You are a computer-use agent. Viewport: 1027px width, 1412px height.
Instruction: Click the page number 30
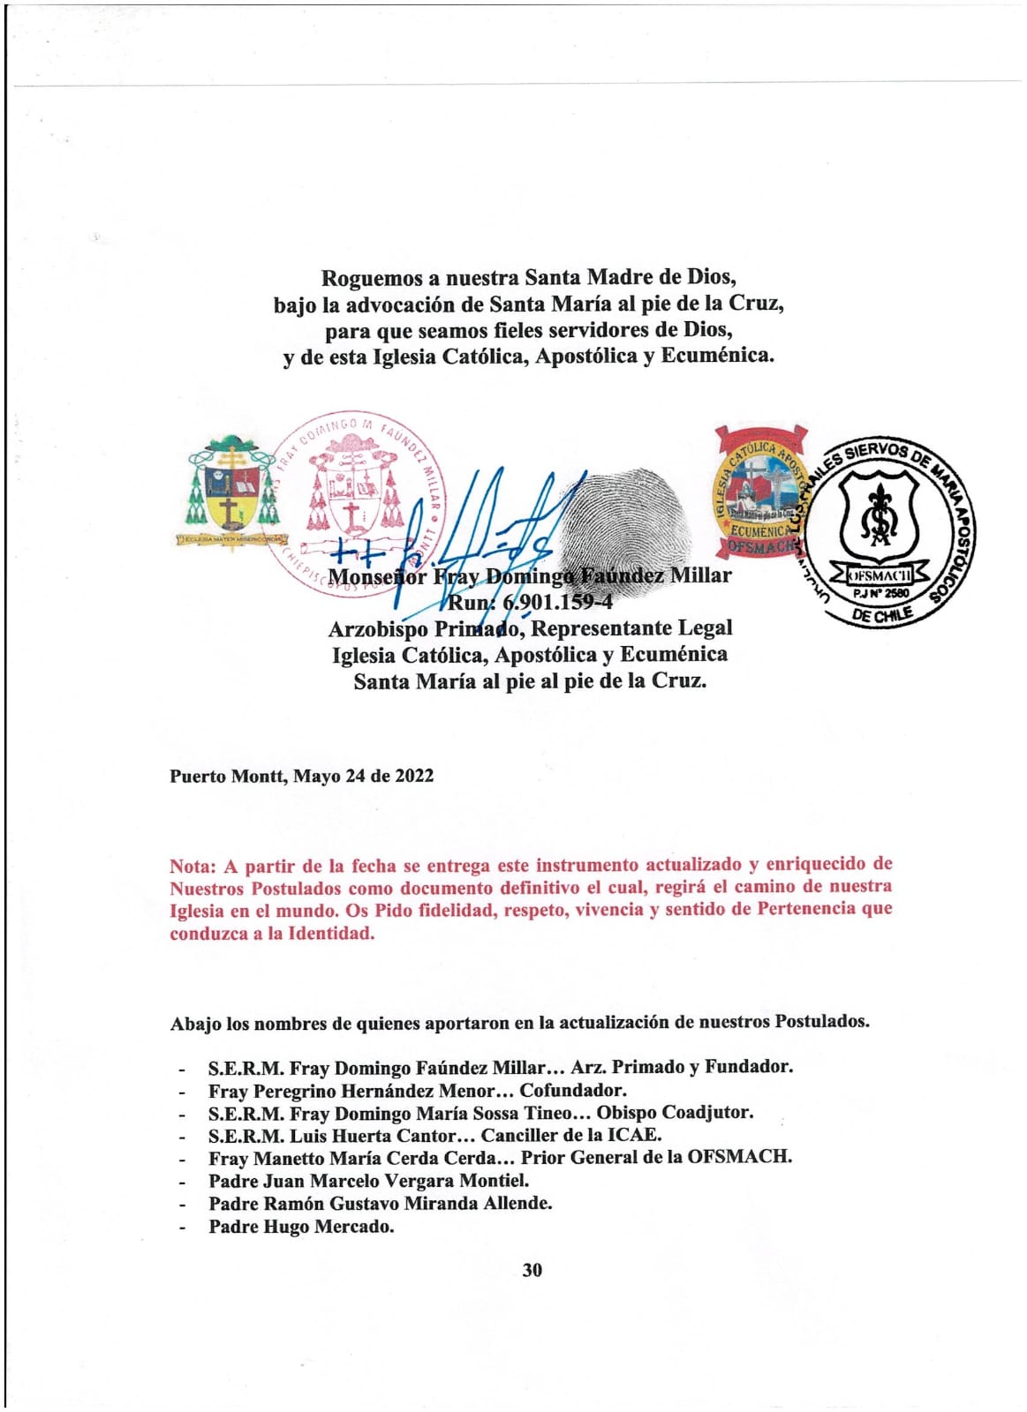pyautogui.click(x=532, y=1270)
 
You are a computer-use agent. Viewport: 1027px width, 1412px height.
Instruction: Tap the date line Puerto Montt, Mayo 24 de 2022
pyautogui.click(x=301, y=776)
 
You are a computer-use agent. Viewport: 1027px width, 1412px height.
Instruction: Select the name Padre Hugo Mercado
pyautogui.click(x=301, y=1227)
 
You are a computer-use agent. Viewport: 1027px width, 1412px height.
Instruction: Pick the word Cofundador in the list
pyautogui.click(x=573, y=1091)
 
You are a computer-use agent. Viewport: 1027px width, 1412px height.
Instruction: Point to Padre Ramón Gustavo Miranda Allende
pyautogui.click(x=380, y=1204)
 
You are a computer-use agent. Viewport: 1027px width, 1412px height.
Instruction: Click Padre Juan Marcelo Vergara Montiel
pyautogui.click(x=368, y=1181)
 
